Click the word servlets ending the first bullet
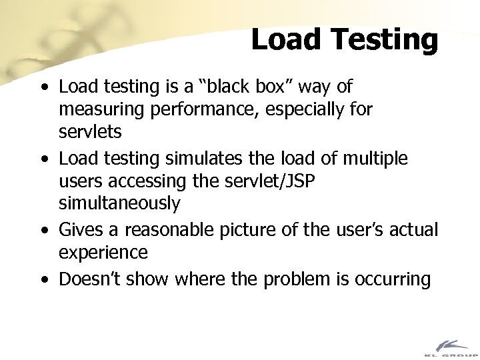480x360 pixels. pyautogui.click(x=90, y=132)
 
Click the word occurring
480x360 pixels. pyautogui.click(x=394, y=278)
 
